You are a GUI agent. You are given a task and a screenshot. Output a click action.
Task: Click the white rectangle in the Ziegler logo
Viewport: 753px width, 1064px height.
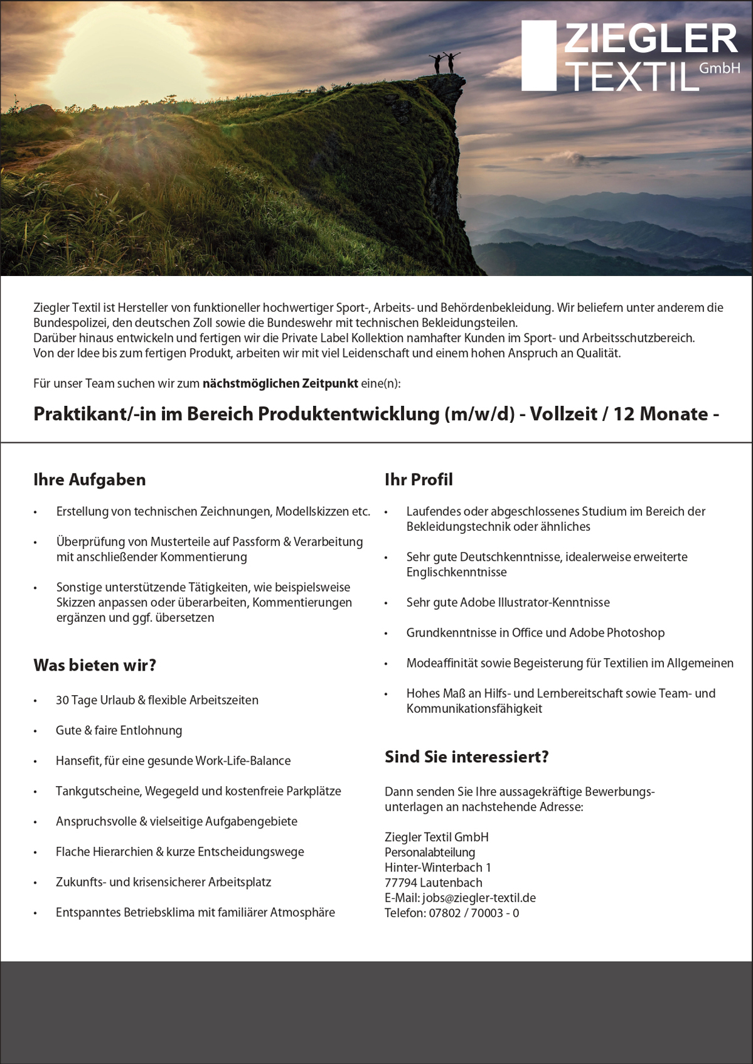click(539, 55)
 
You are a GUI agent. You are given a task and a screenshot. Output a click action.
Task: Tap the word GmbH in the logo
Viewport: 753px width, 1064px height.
click(719, 68)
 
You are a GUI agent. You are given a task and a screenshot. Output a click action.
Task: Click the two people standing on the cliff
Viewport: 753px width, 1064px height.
click(444, 63)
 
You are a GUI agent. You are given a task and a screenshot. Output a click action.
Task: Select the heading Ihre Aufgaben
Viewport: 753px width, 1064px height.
click(90, 480)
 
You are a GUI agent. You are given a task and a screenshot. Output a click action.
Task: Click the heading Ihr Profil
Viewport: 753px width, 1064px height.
click(419, 480)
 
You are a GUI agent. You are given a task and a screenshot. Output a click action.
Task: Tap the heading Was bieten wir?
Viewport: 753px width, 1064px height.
click(95, 666)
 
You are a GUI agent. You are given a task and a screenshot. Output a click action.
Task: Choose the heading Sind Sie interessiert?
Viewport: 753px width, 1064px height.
click(467, 757)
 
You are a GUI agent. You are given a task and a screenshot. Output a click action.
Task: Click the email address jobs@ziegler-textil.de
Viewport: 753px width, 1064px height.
click(479, 898)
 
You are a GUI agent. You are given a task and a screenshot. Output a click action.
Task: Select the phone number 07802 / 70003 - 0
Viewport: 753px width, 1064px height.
click(474, 913)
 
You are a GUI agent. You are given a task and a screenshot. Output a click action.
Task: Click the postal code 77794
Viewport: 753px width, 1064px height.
click(401, 883)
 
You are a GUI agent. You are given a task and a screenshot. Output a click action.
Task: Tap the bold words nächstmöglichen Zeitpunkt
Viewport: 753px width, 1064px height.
click(280, 383)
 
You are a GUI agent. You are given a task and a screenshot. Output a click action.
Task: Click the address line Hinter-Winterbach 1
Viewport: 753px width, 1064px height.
click(437, 868)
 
